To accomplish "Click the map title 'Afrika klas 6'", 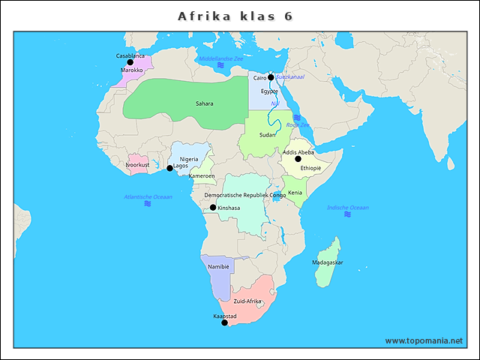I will point(235,16).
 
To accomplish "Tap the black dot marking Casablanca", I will point(130,63).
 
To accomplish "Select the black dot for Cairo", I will point(271,77).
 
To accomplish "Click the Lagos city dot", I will point(169,168).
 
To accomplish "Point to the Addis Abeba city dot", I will point(298,159).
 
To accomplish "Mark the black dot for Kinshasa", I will point(213,208).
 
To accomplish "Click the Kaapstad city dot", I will point(224,322).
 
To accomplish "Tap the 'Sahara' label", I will point(204,104).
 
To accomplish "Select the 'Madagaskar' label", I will point(328,262).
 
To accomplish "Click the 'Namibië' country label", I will point(218,267).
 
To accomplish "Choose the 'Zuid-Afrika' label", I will point(247,301).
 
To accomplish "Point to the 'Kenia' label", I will point(295,193).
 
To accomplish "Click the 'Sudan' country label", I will point(268,135).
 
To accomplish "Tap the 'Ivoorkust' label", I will point(138,164).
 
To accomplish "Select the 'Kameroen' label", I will point(202,176).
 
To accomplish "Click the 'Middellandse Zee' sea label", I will point(220,58).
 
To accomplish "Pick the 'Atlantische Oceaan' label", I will point(148,196).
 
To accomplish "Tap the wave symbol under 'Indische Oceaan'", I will point(348,214).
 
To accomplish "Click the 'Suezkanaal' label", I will point(290,76).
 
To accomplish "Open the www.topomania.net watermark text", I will point(424,340).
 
